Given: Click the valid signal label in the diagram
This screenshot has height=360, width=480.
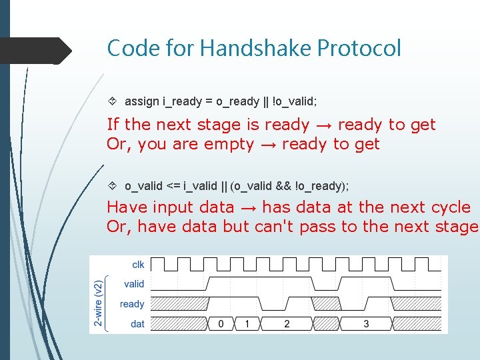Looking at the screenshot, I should (134, 284).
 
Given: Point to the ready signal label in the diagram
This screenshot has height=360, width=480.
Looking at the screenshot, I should (132, 304).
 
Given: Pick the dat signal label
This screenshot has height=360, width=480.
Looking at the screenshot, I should (137, 324).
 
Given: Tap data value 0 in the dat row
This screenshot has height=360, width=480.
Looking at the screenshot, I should (221, 324).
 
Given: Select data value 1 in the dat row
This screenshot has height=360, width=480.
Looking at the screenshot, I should (247, 324).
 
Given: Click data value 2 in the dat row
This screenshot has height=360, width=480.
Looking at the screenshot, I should (287, 324).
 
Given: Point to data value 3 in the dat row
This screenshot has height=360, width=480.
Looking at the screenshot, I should (366, 324).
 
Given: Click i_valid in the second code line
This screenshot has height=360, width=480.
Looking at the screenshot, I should (197, 185).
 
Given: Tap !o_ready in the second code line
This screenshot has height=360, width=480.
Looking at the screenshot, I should (323, 185).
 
